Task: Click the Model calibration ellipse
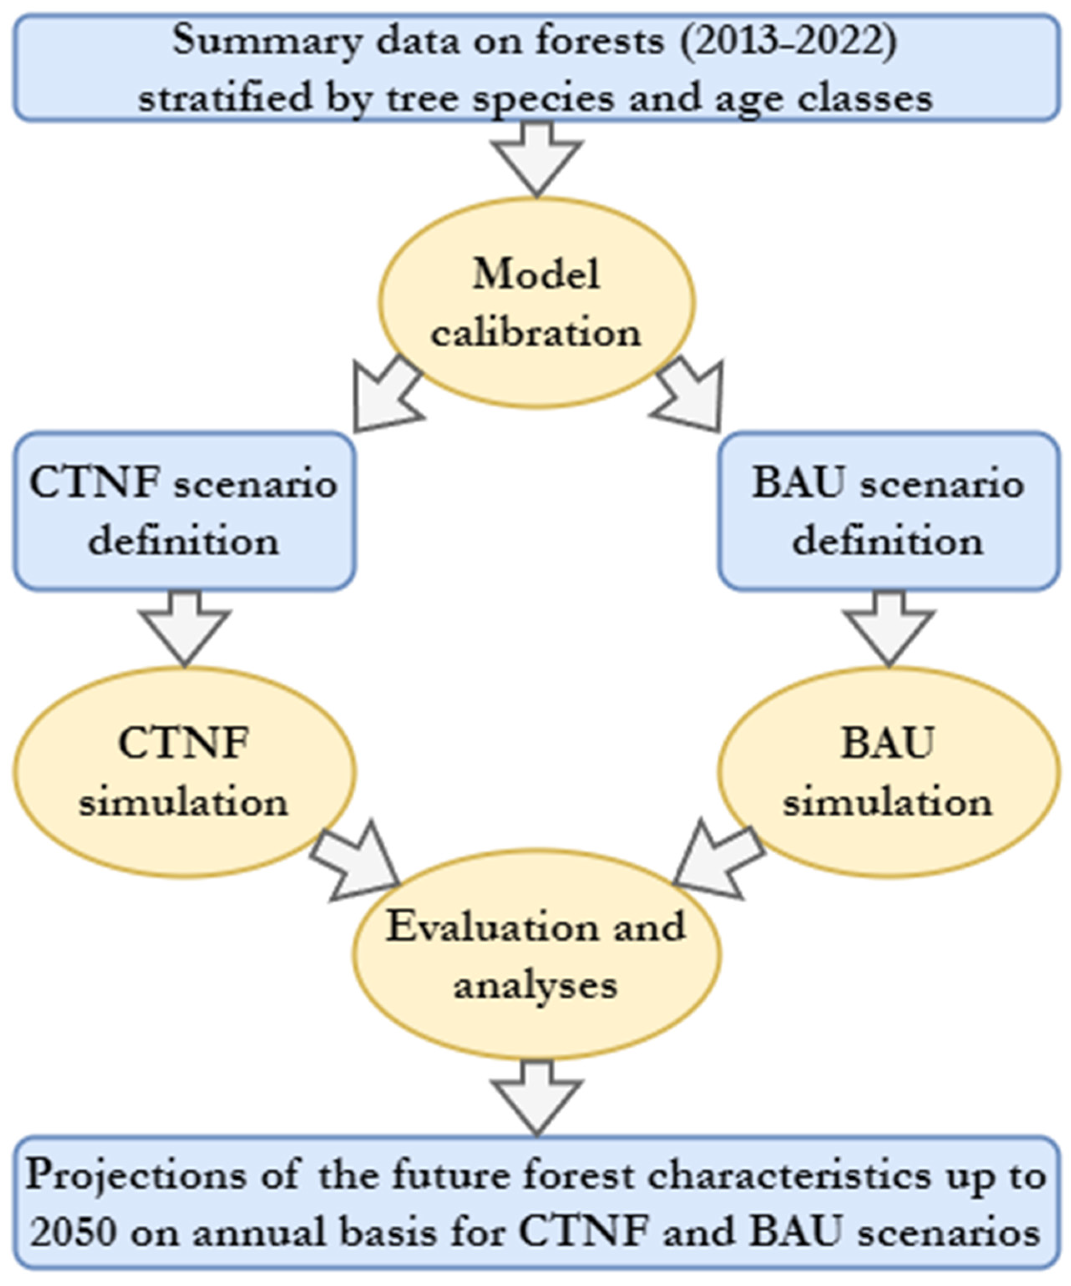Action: coord(536,303)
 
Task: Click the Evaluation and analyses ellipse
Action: coord(536,955)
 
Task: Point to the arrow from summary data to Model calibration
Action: coord(536,159)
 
